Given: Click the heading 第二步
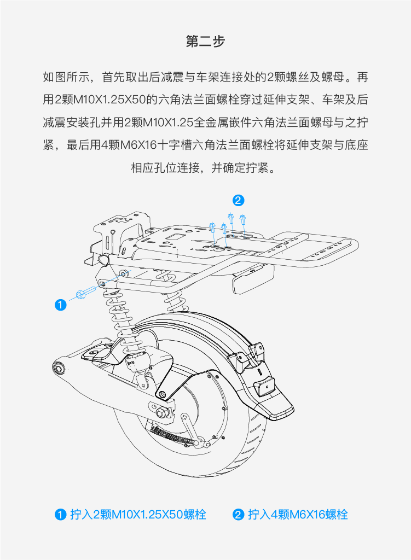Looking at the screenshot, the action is coord(205,42).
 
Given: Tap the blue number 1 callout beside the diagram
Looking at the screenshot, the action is coord(61,305).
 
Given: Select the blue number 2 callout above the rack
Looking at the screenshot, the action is coord(238,200).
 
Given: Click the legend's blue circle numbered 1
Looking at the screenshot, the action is coord(60,515).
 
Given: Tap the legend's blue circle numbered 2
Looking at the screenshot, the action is coord(238,515).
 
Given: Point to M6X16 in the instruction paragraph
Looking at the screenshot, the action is coord(138,145).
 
